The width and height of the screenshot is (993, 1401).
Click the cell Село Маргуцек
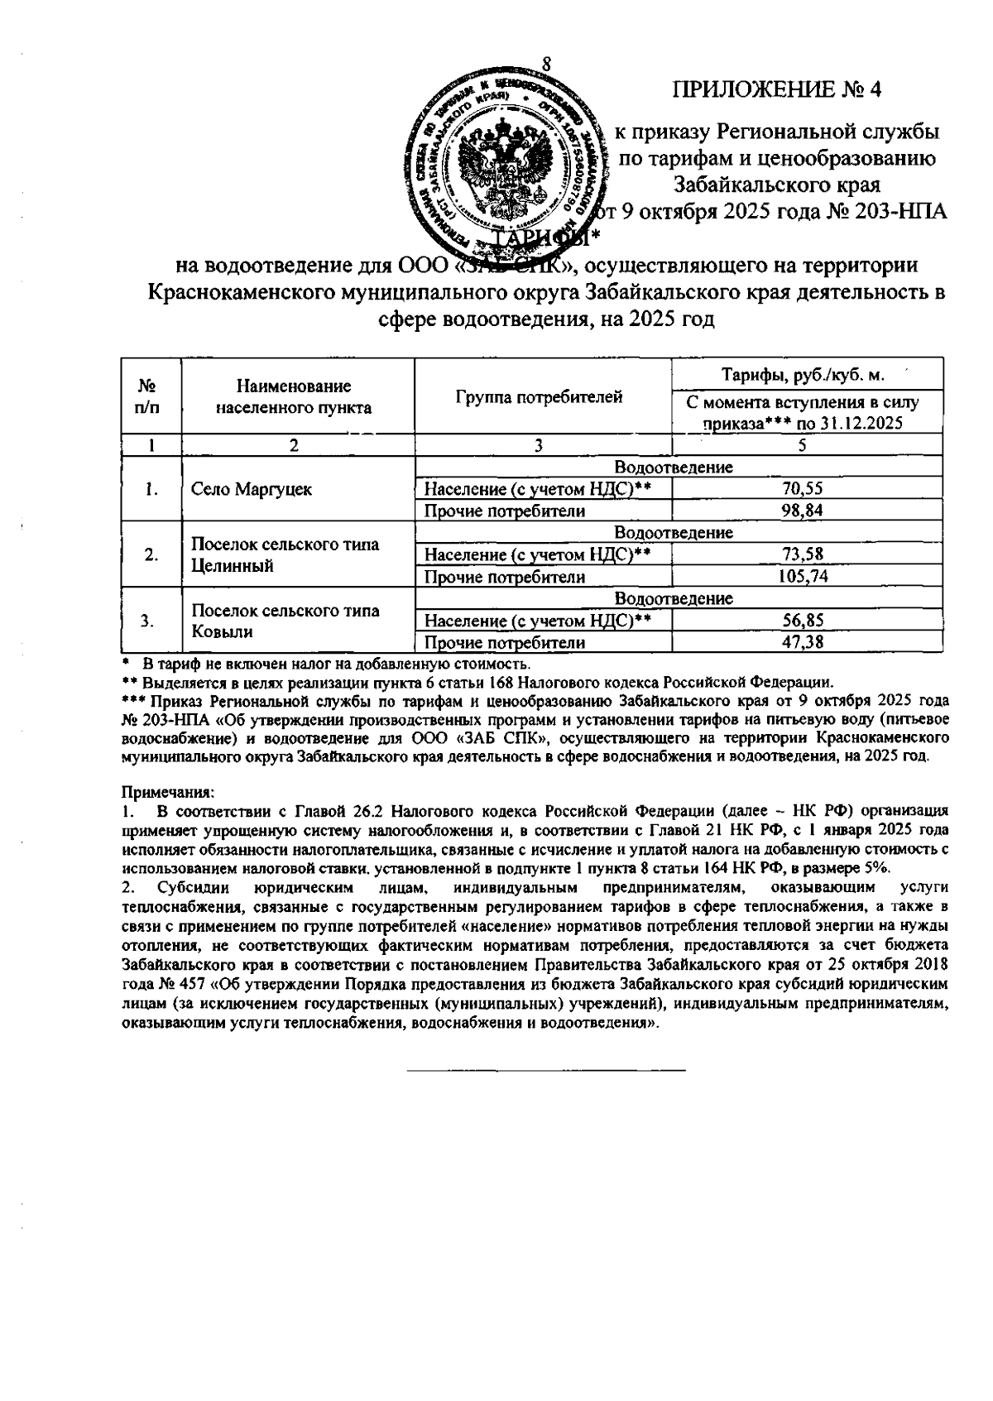252,489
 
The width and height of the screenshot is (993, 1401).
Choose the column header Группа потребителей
539,397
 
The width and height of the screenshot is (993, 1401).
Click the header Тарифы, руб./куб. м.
803,375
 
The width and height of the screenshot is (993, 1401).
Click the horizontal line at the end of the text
546,1072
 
